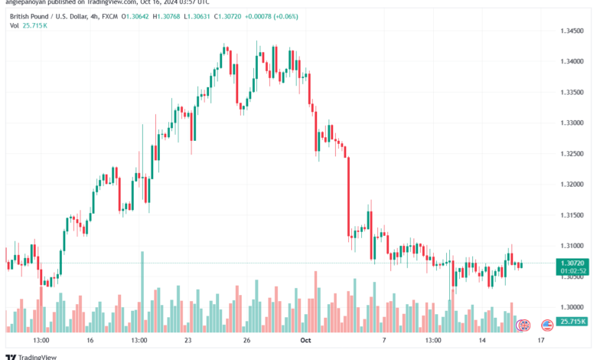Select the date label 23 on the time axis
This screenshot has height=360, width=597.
(x=188, y=340)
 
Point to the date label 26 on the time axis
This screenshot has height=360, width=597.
(x=246, y=340)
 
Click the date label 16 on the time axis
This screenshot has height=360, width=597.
(x=90, y=340)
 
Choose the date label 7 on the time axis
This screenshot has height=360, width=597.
(x=384, y=340)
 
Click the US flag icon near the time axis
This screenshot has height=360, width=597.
(x=547, y=326)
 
